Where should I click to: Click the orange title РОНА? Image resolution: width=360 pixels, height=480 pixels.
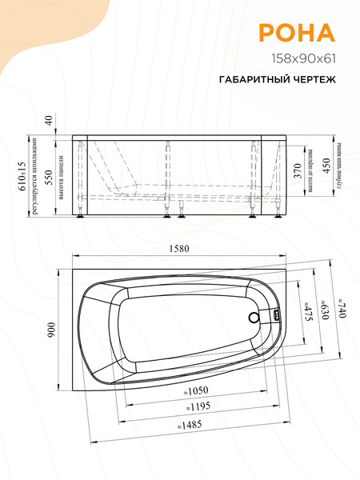tap(296, 32)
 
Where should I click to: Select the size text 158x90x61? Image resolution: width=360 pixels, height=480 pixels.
tap(302, 58)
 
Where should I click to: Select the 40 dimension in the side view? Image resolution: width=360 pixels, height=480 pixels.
tap(49, 121)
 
